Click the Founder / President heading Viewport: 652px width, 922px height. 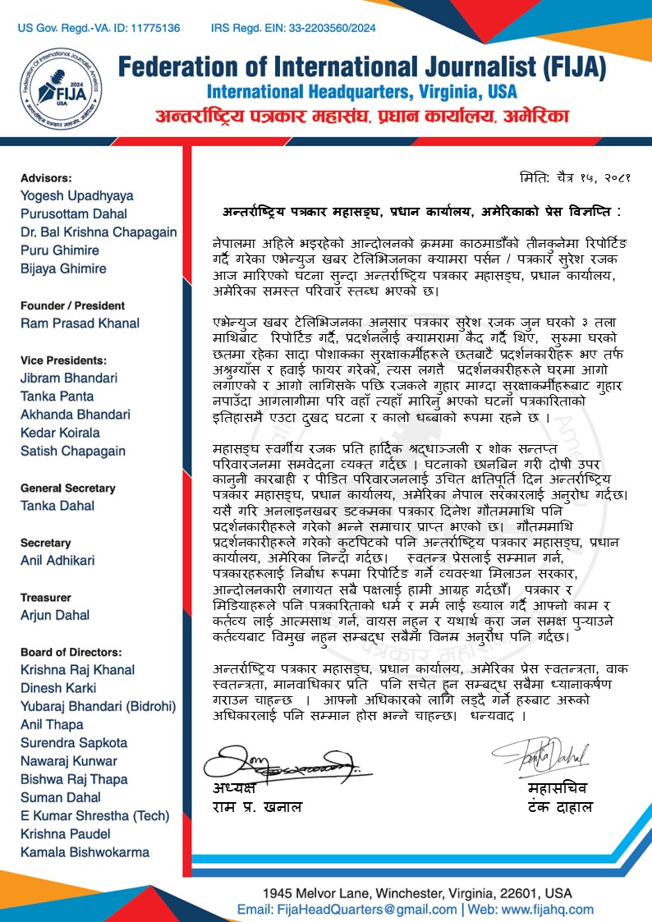point(73,305)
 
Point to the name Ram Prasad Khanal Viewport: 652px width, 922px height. point(80,323)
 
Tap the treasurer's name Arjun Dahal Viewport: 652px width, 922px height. point(56,616)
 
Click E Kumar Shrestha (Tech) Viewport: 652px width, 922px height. point(94,815)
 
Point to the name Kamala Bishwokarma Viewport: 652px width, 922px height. point(85,851)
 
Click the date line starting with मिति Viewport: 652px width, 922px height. point(575,177)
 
